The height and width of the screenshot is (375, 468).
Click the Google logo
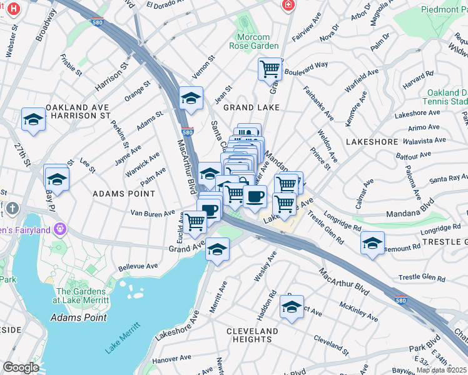coord(21,367)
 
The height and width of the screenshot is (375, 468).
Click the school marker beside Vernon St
coord(191,98)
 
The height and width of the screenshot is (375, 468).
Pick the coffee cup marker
coord(255,197)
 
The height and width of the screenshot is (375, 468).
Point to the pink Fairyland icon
coord(60,229)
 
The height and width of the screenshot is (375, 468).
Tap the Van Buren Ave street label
coord(152,214)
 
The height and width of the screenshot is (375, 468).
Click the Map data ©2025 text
coord(441,370)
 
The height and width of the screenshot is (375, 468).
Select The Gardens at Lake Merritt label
coord(83,296)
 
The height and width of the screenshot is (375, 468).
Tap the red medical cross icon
coord(287,5)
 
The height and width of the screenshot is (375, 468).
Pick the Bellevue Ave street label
coord(138,266)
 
